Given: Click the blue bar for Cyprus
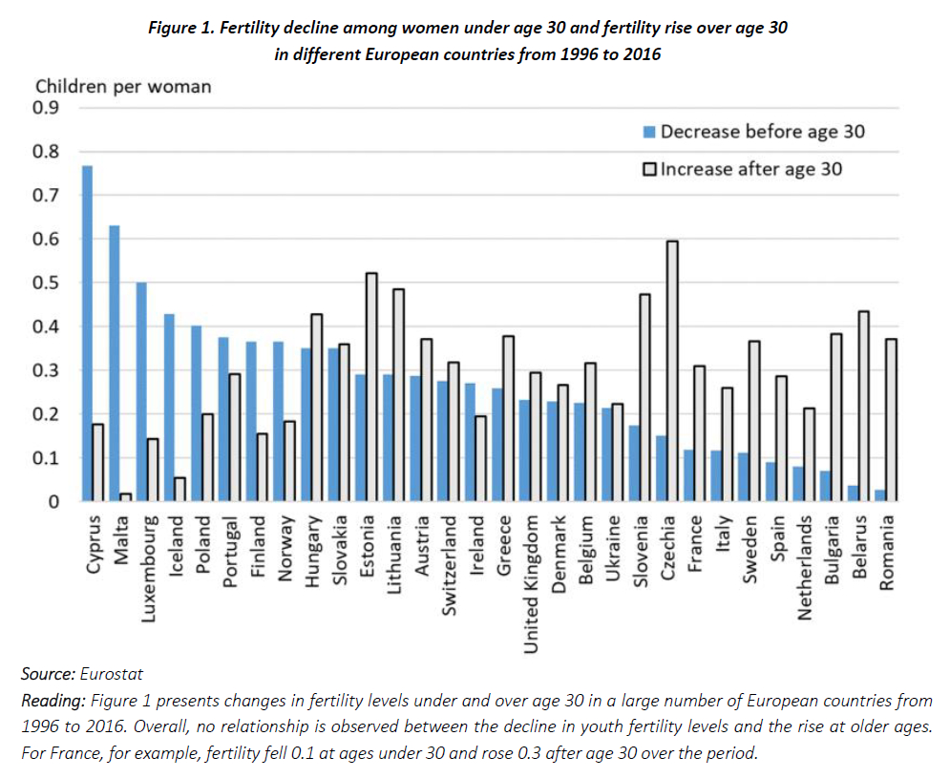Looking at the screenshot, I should pyautogui.click(x=87, y=334).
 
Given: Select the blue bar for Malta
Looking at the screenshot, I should pyautogui.click(x=115, y=364).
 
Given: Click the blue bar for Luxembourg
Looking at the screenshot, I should pyautogui.click(x=141, y=391).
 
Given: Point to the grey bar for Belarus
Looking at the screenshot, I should pyautogui.click(x=864, y=406).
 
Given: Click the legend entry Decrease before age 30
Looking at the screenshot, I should pyautogui.click(x=762, y=132).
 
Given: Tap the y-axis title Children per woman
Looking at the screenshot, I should pyautogui.click(x=123, y=86).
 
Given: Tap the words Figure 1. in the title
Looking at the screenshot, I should pyautogui.click(x=181, y=28).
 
